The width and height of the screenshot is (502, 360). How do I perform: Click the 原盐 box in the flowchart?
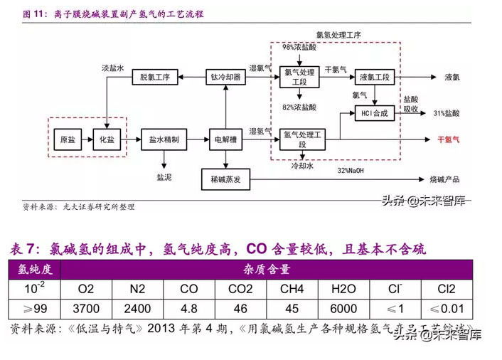point(68,139)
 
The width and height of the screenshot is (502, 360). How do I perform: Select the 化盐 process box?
point(107,139)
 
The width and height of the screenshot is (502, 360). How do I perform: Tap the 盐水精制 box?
point(164,139)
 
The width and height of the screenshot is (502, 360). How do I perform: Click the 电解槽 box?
point(225,139)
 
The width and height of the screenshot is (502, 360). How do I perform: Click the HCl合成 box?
point(375,113)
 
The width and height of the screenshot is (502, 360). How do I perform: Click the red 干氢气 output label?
point(449,139)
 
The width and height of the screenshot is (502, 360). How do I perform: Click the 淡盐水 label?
point(112,68)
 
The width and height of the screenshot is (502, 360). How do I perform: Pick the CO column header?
point(188,290)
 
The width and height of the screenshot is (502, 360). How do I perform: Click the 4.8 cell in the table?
point(188,309)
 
